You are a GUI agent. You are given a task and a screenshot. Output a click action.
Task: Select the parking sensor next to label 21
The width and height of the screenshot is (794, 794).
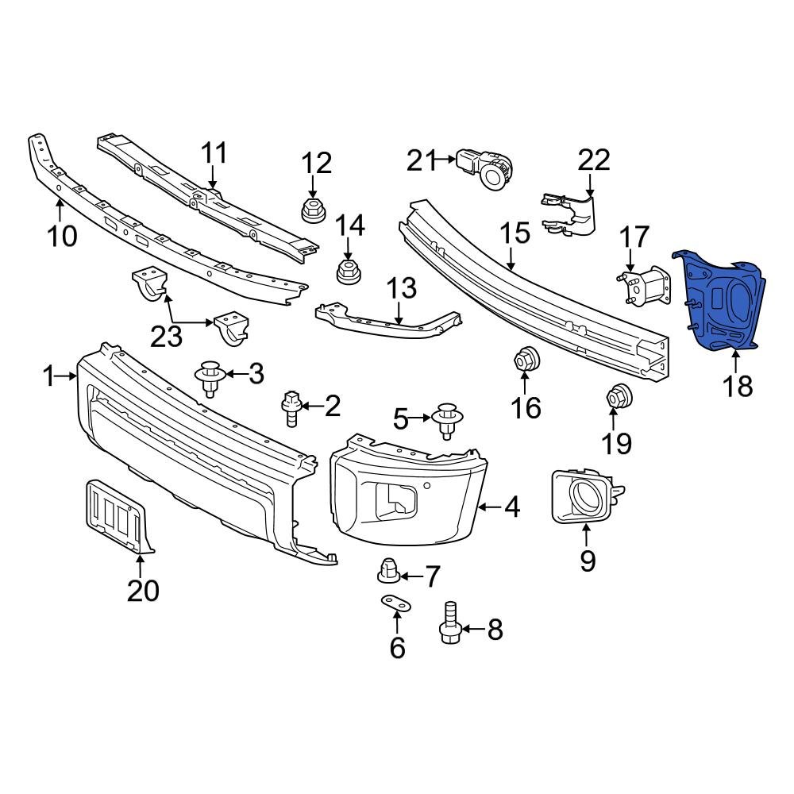pyautogui.click(x=488, y=169)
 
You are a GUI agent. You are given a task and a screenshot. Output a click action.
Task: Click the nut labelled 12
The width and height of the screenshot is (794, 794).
pyautogui.click(x=312, y=211)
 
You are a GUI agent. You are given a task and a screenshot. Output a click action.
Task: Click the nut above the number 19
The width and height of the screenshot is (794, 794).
pyautogui.click(x=619, y=395)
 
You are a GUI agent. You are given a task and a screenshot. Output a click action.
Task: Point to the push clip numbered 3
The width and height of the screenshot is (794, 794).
pyautogui.click(x=210, y=376)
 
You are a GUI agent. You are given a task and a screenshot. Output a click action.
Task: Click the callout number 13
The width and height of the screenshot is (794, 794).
pyautogui.click(x=401, y=288)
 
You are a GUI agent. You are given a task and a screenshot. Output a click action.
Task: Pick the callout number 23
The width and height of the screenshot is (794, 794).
pyautogui.click(x=167, y=338)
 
